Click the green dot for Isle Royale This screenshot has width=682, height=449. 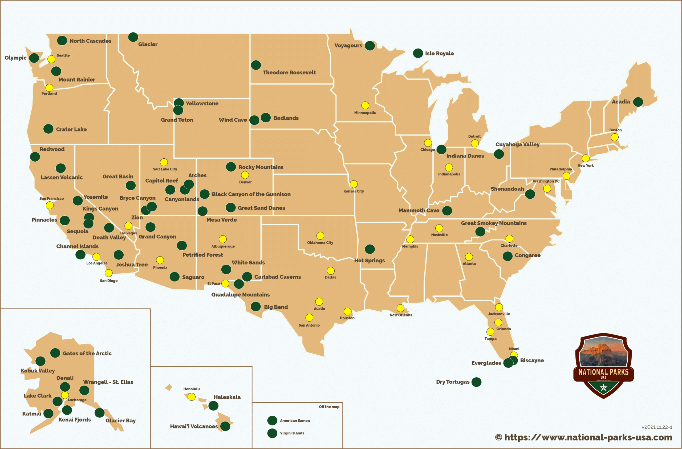pos(418,53)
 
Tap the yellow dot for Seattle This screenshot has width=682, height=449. pos(51,59)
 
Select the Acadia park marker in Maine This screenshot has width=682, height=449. pos(638,102)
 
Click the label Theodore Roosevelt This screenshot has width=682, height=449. pos(289,73)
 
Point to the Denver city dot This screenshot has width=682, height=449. pos(245,175)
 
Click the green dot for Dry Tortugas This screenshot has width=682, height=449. pos(476,382)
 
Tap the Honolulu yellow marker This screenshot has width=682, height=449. pos(192,397)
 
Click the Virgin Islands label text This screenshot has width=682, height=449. pos(292,433)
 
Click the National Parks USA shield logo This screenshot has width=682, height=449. pos(603,366)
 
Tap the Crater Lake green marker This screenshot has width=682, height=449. pos(48,129)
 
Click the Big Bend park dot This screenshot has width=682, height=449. pos(255,307)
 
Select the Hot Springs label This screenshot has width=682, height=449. pos(369,260)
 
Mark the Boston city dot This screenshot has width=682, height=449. pos(614,137)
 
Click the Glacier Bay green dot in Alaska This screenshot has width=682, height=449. pos(99,413)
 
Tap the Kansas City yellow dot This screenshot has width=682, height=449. pos(354,184)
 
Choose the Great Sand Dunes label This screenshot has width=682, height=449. pos(261,208)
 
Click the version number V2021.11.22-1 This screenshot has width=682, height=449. pos(656,427)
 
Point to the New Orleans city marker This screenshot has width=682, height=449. pos(400,308)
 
